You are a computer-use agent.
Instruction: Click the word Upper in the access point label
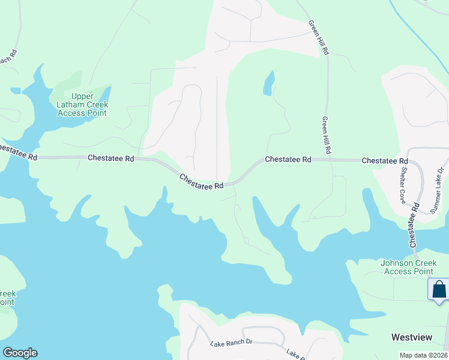tap(82, 97)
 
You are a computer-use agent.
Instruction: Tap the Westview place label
tap(411, 338)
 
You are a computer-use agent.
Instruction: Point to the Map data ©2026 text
tap(423, 355)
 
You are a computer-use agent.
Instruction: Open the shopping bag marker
tap(439, 289)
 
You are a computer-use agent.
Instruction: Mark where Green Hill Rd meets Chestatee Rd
tap(329, 160)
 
